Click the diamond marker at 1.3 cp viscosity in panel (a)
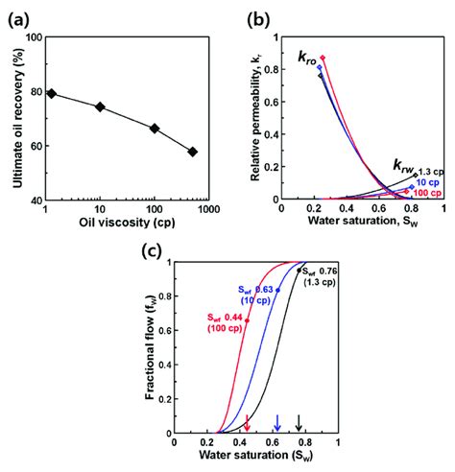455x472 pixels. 52,93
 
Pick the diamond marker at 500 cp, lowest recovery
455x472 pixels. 193,152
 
